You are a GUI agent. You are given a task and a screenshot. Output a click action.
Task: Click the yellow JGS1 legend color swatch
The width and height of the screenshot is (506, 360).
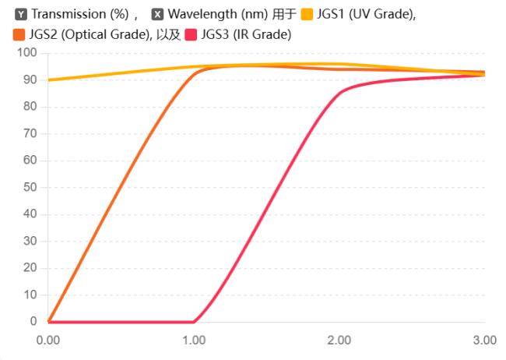[x=307, y=14]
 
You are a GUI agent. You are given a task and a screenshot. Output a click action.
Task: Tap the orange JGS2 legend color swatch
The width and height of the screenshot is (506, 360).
[x=19, y=34]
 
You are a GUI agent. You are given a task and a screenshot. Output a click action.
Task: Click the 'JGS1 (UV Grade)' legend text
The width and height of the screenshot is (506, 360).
[x=365, y=14]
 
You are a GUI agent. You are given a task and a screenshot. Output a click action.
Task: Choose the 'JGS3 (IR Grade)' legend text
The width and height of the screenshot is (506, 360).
[x=245, y=34]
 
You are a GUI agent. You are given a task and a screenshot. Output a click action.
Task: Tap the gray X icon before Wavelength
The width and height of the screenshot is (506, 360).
[x=157, y=14]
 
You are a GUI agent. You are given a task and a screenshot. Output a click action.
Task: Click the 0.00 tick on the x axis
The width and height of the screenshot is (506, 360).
[x=48, y=340]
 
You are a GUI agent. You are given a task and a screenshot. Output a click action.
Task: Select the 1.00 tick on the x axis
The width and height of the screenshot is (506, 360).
[x=194, y=340]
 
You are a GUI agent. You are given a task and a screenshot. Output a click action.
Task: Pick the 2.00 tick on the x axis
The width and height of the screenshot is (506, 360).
[x=339, y=340]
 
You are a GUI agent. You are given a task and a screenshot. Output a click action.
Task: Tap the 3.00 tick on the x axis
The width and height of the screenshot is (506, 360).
[x=485, y=340]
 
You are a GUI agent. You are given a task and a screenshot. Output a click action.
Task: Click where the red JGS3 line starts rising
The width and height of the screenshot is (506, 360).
[x=194, y=321]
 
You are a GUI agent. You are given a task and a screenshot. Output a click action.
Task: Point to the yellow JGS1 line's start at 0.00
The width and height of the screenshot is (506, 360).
[x=49, y=79]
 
